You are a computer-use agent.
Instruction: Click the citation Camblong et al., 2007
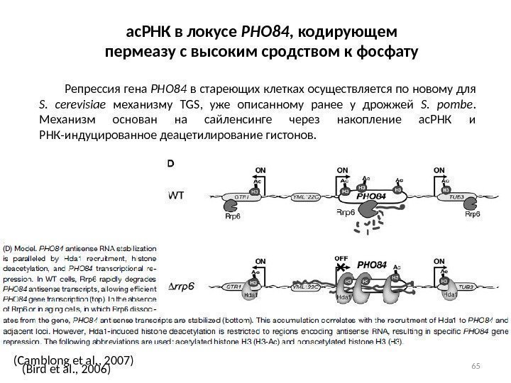[x=73, y=361]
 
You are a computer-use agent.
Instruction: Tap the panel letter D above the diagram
[x=170, y=162]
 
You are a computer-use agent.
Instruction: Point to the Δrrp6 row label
[x=181, y=287]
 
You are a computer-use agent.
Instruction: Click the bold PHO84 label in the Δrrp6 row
[x=373, y=265]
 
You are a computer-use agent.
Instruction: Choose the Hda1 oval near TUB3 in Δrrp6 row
[x=451, y=293]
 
